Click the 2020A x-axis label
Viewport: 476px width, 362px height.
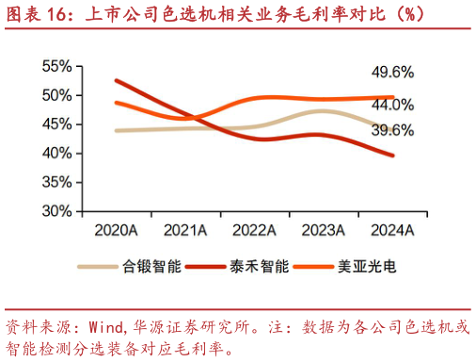pyautogui.click(x=116, y=230)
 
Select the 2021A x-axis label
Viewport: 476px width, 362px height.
pyautogui.click(x=185, y=230)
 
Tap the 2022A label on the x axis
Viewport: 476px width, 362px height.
pyautogui.click(x=254, y=230)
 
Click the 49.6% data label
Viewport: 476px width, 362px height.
pyautogui.click(x=392, y=73)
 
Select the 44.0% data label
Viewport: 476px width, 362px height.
pyautogui.click(x=392, y=105)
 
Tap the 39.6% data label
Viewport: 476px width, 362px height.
pyautogui.click(x=392, y=130)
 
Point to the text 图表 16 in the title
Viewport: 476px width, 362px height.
pyautogui.click(x=37, y=15)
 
